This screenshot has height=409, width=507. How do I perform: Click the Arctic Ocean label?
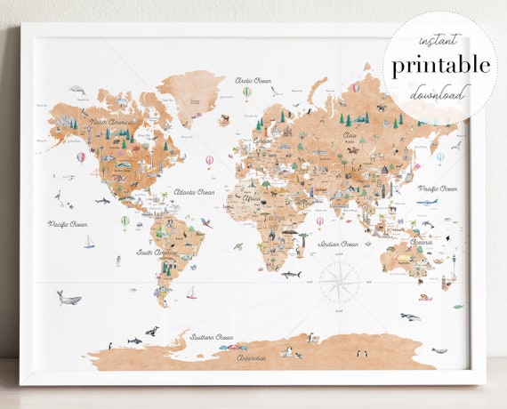[253, 81]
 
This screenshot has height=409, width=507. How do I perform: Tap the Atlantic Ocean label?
[195, 191]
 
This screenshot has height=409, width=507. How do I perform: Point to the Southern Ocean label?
[211, 337]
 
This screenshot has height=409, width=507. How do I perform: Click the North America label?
[112, 122]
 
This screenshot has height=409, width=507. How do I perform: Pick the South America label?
[157, 253]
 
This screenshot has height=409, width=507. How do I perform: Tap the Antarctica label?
[253, 357]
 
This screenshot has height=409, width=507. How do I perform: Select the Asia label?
[350, 135]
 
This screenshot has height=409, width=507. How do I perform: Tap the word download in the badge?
[438, 92]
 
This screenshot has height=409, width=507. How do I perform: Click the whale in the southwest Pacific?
[68, 298]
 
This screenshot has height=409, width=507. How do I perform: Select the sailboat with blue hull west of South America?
[88, 242]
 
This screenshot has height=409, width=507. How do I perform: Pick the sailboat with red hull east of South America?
[191, 292]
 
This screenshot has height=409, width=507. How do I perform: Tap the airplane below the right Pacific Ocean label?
[427, 201]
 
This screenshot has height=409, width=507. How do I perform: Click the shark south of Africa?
[291, 275]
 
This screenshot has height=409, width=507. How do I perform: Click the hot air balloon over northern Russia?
[356, 87]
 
